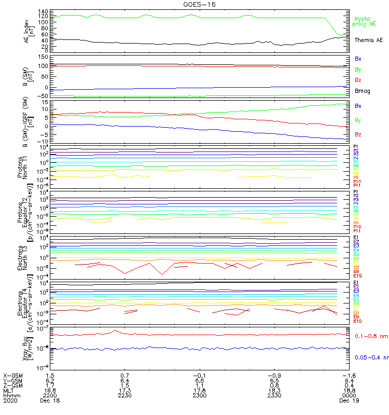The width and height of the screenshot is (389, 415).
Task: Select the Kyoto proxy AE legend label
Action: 364,21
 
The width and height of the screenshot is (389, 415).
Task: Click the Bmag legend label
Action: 362,91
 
